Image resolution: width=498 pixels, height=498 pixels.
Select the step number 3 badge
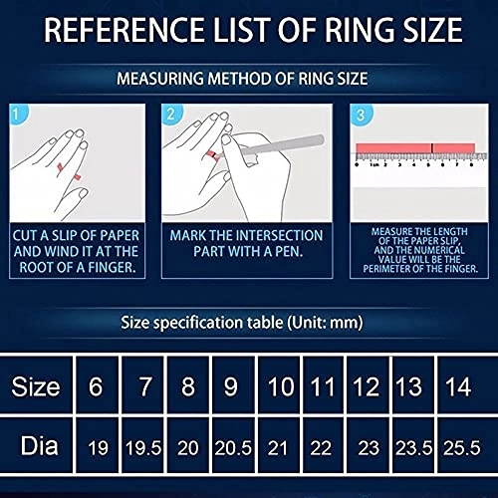point(361,116)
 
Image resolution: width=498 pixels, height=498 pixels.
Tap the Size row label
point(35,385)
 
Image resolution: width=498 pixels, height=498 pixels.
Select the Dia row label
point(35,447)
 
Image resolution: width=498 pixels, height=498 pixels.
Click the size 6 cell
point(96,385)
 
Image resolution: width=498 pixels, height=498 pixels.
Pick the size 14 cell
point(458,385)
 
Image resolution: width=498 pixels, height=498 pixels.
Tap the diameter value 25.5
point(458,448)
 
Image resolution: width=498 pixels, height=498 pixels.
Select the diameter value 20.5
point(232,448)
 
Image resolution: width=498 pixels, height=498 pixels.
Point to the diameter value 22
point(322,448)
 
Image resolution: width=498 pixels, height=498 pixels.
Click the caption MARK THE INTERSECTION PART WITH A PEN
point(247,245)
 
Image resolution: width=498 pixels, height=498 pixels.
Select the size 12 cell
point(367,385)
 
